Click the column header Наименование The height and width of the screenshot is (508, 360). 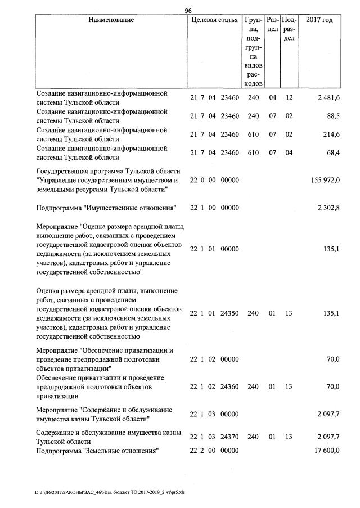111,20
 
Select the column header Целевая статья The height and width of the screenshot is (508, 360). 215,20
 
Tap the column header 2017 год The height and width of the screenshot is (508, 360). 319,20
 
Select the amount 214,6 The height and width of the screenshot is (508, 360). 329,134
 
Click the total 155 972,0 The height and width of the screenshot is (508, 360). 325,180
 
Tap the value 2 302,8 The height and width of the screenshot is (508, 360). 327,209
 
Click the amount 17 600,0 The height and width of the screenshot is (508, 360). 326,451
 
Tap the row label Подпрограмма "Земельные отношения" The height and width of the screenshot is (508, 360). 97,451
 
